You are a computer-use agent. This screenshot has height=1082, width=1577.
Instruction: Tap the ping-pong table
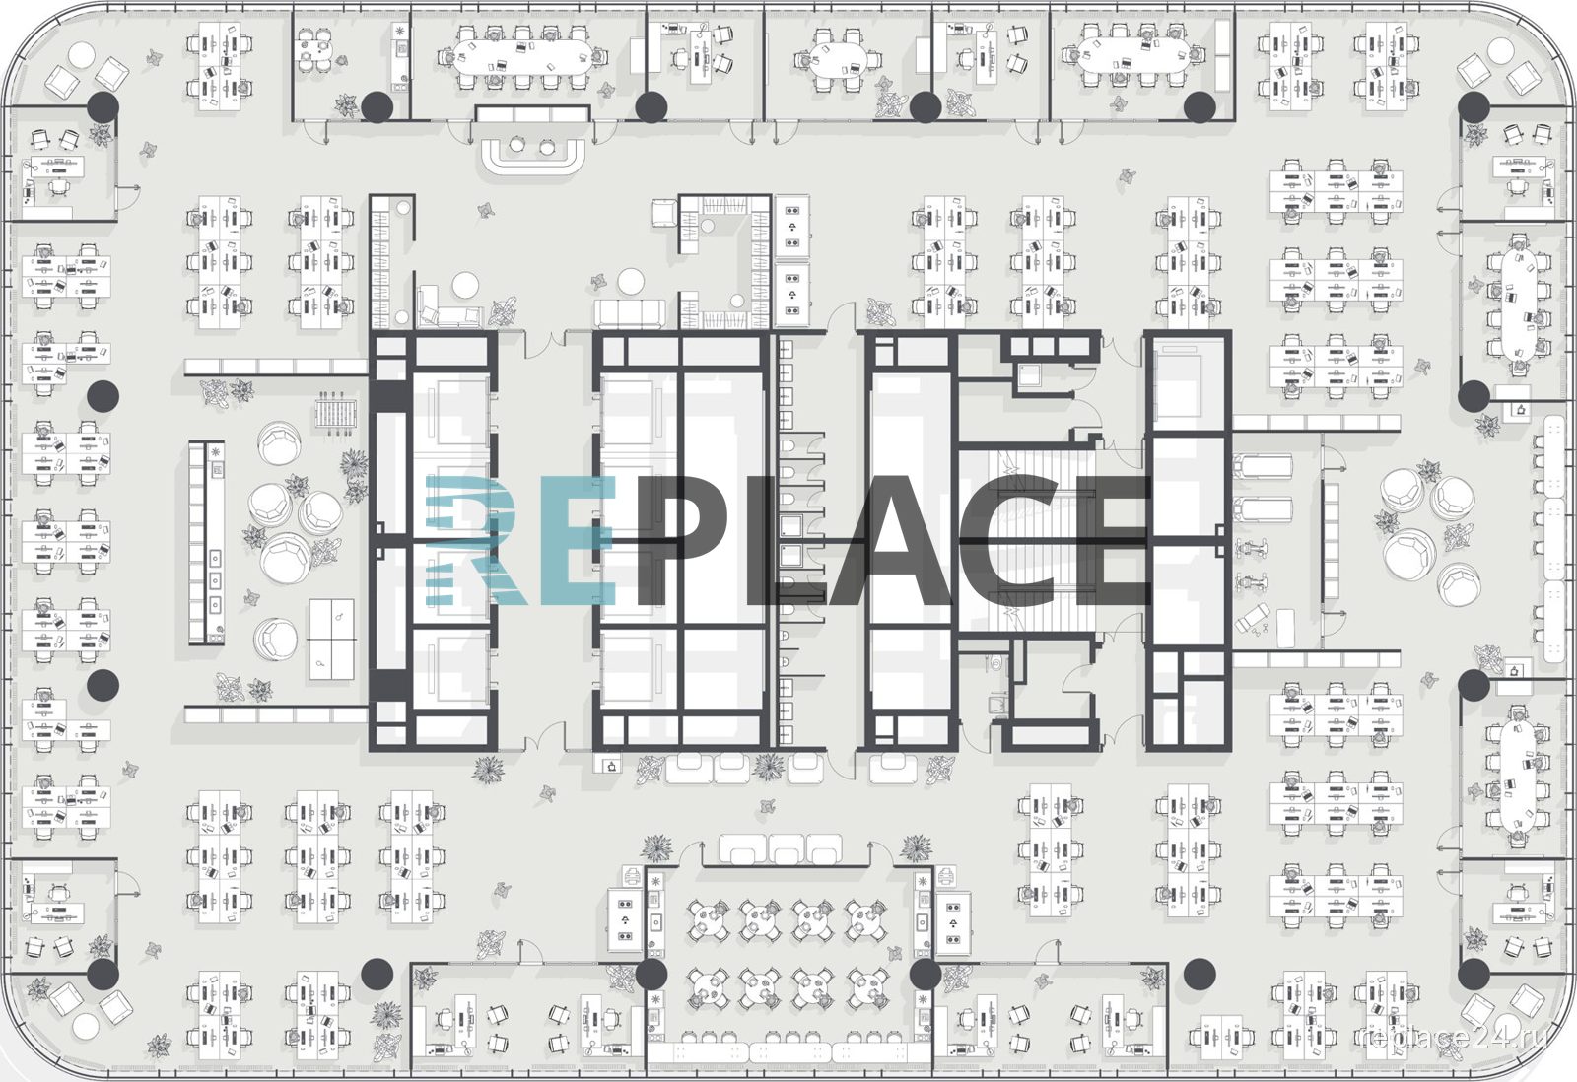pos(331,640)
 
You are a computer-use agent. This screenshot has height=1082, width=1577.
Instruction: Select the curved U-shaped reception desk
pos(533,157)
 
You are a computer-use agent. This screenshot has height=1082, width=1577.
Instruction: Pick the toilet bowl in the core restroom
pos(995,663)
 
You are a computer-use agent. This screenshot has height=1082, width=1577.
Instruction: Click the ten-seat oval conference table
pos(521,58)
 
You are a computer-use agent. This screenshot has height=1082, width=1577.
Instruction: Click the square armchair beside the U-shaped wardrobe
pos(664,213)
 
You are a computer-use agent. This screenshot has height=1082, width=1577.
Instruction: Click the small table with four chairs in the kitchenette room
pos(313,49)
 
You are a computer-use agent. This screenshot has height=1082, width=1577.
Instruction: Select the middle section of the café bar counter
pos(788,1052)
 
